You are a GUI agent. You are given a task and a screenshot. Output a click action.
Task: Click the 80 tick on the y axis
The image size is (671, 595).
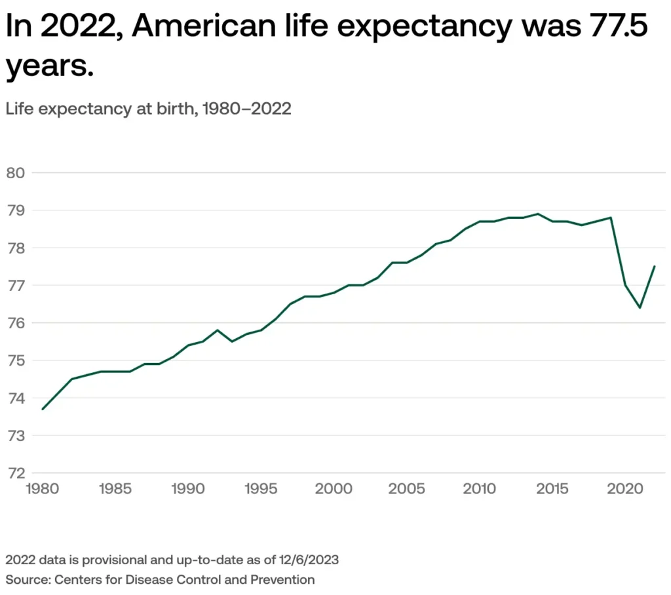14,173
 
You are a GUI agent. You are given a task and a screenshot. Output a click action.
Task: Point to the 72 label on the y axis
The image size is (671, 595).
14,472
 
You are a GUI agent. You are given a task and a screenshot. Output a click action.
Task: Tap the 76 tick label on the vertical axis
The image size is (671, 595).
14,323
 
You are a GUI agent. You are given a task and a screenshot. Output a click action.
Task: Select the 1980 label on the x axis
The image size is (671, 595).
43,488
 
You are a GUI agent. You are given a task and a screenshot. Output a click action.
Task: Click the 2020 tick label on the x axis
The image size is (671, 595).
625,488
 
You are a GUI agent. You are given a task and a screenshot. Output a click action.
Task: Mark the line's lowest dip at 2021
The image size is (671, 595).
640,308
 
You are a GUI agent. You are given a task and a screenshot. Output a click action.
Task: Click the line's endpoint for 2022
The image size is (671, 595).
655,266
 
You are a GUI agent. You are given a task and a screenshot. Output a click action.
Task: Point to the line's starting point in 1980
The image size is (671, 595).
43,409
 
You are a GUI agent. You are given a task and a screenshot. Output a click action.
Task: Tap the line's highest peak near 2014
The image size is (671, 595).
538,214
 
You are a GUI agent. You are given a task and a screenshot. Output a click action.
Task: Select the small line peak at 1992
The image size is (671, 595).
218,330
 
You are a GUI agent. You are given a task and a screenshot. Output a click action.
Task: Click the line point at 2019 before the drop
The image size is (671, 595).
611,218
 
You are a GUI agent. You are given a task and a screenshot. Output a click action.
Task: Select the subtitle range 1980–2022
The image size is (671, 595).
246,109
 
